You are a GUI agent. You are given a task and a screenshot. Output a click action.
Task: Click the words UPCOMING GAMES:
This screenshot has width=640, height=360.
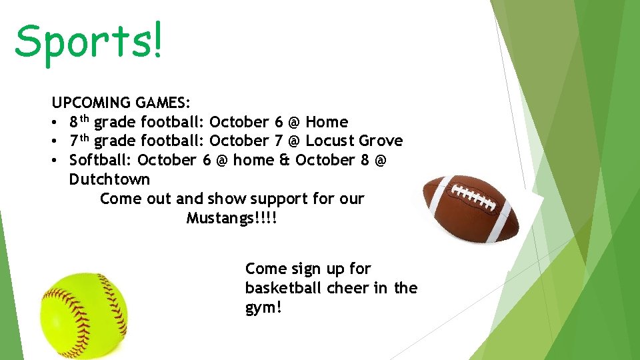point(121,103)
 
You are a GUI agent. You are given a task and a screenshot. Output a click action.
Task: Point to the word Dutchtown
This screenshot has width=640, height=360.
point(109,179)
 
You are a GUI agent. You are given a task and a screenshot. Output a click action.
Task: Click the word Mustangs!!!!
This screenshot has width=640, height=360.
point(231,218)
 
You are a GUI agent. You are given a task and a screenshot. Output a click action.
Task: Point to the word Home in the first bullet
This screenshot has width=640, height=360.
point(327,122)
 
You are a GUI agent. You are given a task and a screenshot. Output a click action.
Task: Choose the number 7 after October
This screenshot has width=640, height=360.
point(278,141)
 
